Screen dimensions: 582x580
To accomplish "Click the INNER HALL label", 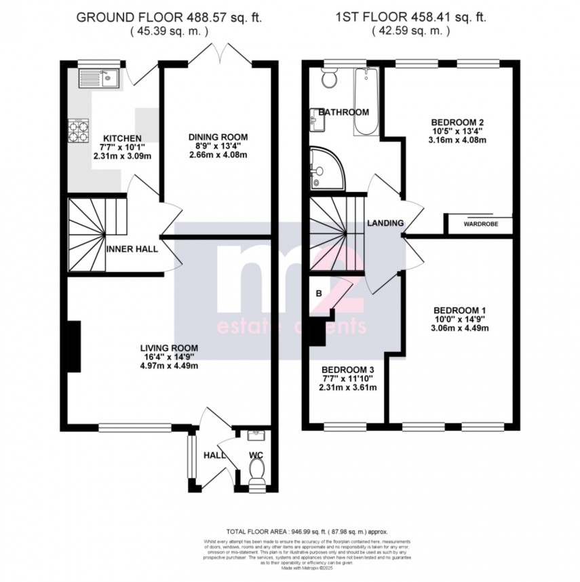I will tap(132, 249).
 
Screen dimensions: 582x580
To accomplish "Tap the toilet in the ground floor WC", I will tap(257, 469).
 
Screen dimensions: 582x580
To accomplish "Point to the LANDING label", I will tap(385, 223).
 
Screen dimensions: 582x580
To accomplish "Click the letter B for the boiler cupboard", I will tap(318, 294).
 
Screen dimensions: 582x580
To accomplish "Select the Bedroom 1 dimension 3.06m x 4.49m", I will tap(460, 328).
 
